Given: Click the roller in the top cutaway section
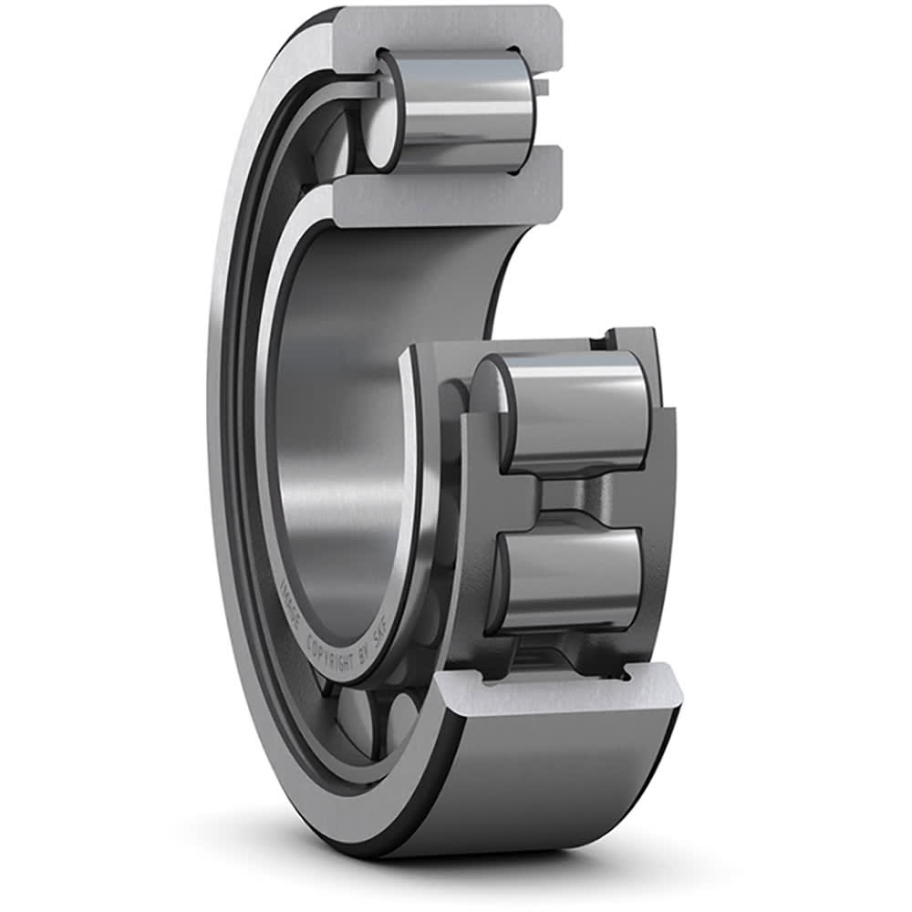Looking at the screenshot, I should click(465, 109).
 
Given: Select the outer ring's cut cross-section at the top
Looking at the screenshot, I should click(456, 27).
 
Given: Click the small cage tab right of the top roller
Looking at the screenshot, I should click(542, 88).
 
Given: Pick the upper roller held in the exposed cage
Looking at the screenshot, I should click(575, 410).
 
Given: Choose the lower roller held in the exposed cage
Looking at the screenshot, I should click(575, 579).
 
